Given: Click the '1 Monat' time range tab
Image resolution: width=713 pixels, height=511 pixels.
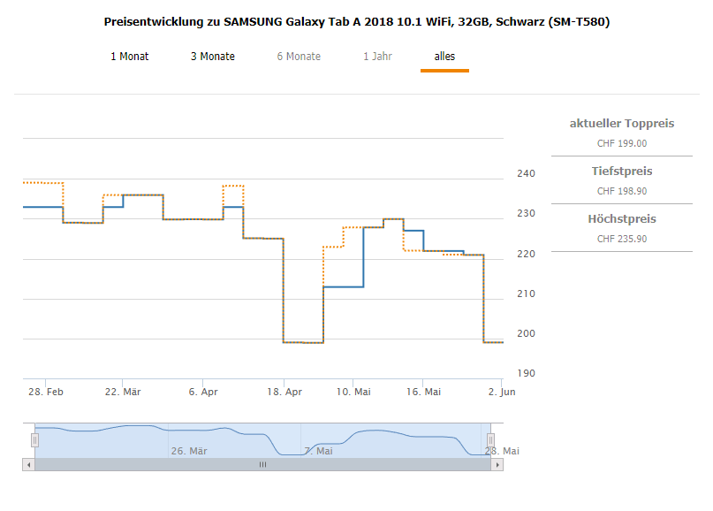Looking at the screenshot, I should [x=129, y=57].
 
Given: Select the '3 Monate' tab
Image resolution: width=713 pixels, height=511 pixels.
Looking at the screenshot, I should [x=212, y=57].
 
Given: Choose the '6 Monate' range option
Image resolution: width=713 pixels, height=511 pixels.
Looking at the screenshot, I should [x=299, y=57].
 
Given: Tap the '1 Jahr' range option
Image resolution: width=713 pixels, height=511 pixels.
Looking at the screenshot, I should [x=377, y=57].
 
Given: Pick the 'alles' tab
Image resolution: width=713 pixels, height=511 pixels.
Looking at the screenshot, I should [x=444, y=57].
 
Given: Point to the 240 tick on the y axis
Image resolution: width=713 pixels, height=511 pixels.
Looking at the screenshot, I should [x=526, y=173].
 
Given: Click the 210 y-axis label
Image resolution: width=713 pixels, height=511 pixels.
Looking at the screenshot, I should [x=526, y=294].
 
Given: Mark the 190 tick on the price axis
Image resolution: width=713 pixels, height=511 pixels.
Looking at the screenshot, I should [x=526, y=373].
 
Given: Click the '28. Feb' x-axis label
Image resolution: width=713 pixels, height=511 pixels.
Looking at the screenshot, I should [x=46, y=392].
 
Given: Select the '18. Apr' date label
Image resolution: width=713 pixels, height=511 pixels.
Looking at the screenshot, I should [x=283, y=392].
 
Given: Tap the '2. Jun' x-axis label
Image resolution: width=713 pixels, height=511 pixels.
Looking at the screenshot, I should [x=502, y=392].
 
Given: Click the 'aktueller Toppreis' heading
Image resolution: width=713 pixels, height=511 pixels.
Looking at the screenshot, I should [x=621, y=123].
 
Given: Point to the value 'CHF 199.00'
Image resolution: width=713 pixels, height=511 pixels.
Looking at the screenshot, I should [x=621, y=143].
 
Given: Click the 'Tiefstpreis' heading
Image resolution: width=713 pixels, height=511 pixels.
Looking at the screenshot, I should [x=621, y=171].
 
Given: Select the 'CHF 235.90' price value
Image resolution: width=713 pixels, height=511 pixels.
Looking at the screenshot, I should [x=621, y=239].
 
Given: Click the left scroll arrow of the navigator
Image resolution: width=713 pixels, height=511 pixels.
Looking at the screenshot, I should [x=28, y=464].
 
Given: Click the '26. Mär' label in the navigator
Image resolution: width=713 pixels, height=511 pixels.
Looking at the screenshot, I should [x=188, y=451].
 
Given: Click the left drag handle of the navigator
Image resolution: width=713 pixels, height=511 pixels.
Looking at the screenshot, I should [x=35, y=439].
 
